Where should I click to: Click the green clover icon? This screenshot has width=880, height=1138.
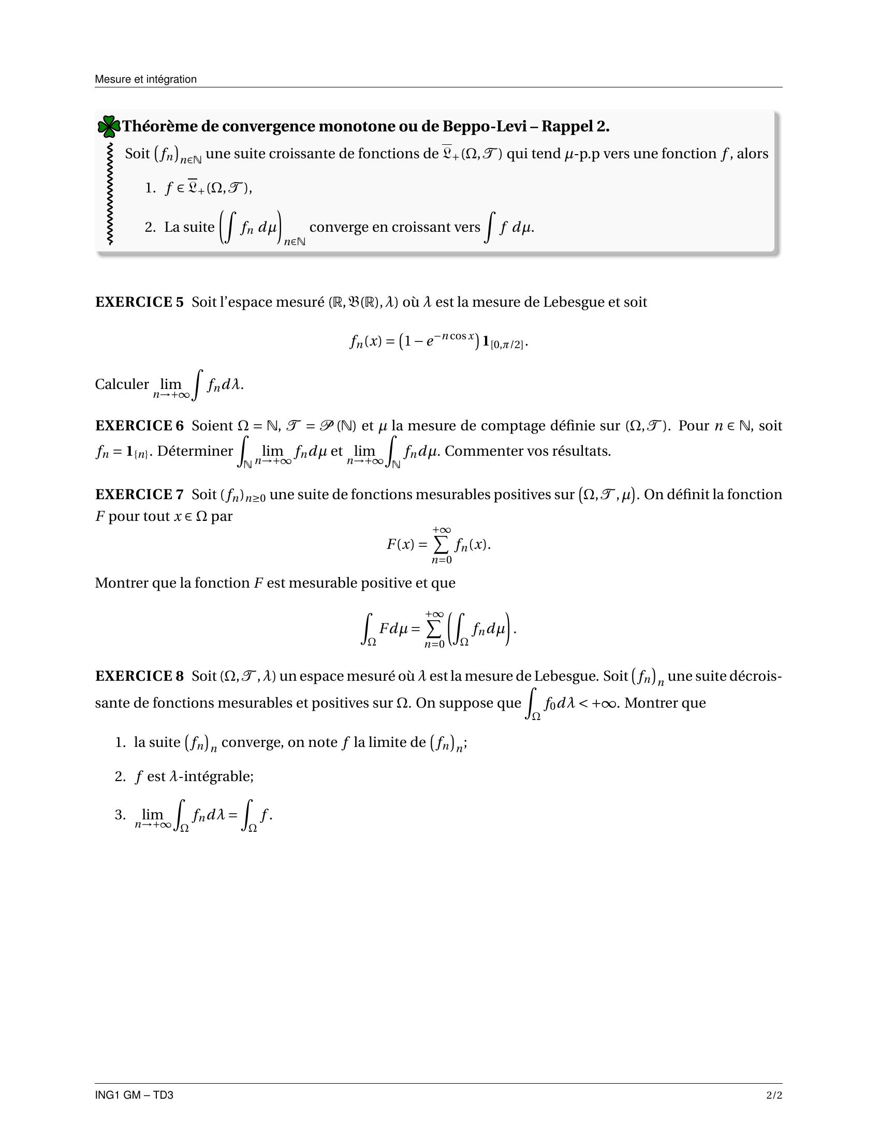coord(109,127)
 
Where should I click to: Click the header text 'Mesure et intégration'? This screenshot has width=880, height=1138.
coord(145,79)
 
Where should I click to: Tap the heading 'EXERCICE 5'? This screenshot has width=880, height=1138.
coord(139,302)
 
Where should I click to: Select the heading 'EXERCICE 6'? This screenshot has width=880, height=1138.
coord(139,426)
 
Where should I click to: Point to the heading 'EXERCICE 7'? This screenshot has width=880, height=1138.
coord(139,495)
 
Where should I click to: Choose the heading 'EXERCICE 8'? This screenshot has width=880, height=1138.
coord(139,677)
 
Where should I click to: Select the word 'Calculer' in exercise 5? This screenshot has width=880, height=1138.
coord(122,384)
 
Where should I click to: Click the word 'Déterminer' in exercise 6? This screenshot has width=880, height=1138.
coord(195,451)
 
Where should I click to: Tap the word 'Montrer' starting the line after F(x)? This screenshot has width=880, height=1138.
coord(122,583)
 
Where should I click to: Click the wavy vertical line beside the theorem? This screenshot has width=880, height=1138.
coord(109,193)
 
